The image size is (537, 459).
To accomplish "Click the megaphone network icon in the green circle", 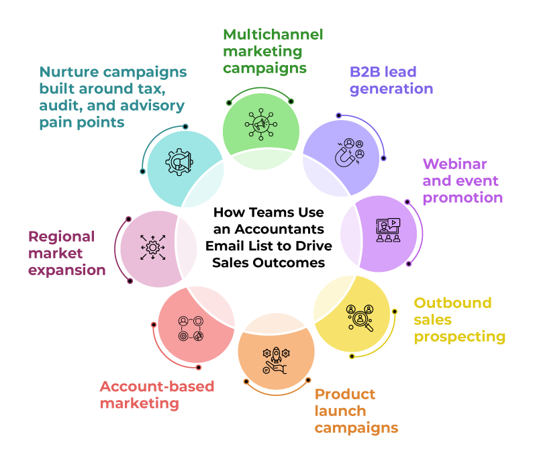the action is pyautogui.click(x=261, y=124).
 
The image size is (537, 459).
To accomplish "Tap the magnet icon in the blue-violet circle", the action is pyautogui.click(x=349, y=152).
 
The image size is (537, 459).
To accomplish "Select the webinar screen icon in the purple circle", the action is pyautogui.click(x=389, y=230).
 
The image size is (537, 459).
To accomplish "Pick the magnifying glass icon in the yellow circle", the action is pyautogui.click(x=360, y=317).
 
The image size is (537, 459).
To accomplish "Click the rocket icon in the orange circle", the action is pyautogui.click(x=276, y=360).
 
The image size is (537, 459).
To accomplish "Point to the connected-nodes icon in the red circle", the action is pyautogui.click(x=191, y=329).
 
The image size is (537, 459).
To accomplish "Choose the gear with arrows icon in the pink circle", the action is pyautogui.click(x=153, y=247).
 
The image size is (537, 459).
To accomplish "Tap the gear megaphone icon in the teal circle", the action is pyautogui.click(x=179, y=162).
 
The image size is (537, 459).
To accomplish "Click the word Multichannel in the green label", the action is pyautogui.click(x=273, y=35).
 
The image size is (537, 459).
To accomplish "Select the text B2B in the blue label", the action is pyautogui.click(x=364, y=72).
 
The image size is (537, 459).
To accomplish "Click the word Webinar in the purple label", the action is pyautogui.click(x=455, y=164).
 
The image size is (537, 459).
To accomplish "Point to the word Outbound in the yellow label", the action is pyautogui.click(x=452, y=303).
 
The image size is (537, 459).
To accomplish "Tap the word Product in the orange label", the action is pyautogui.click(x=345, y=395).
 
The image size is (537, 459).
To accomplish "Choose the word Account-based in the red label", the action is pyautogui.click(x=157, y=387).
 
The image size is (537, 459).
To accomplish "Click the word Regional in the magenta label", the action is pyautogui.click(x=62, y=236).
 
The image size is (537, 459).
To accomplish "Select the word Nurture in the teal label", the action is pyautogui.click(x=69, y=72).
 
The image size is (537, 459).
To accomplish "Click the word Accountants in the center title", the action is pyautogui.click(x=279, y=229).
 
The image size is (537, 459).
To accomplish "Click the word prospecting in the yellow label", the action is pyautogui.click(x=460, y=337).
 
